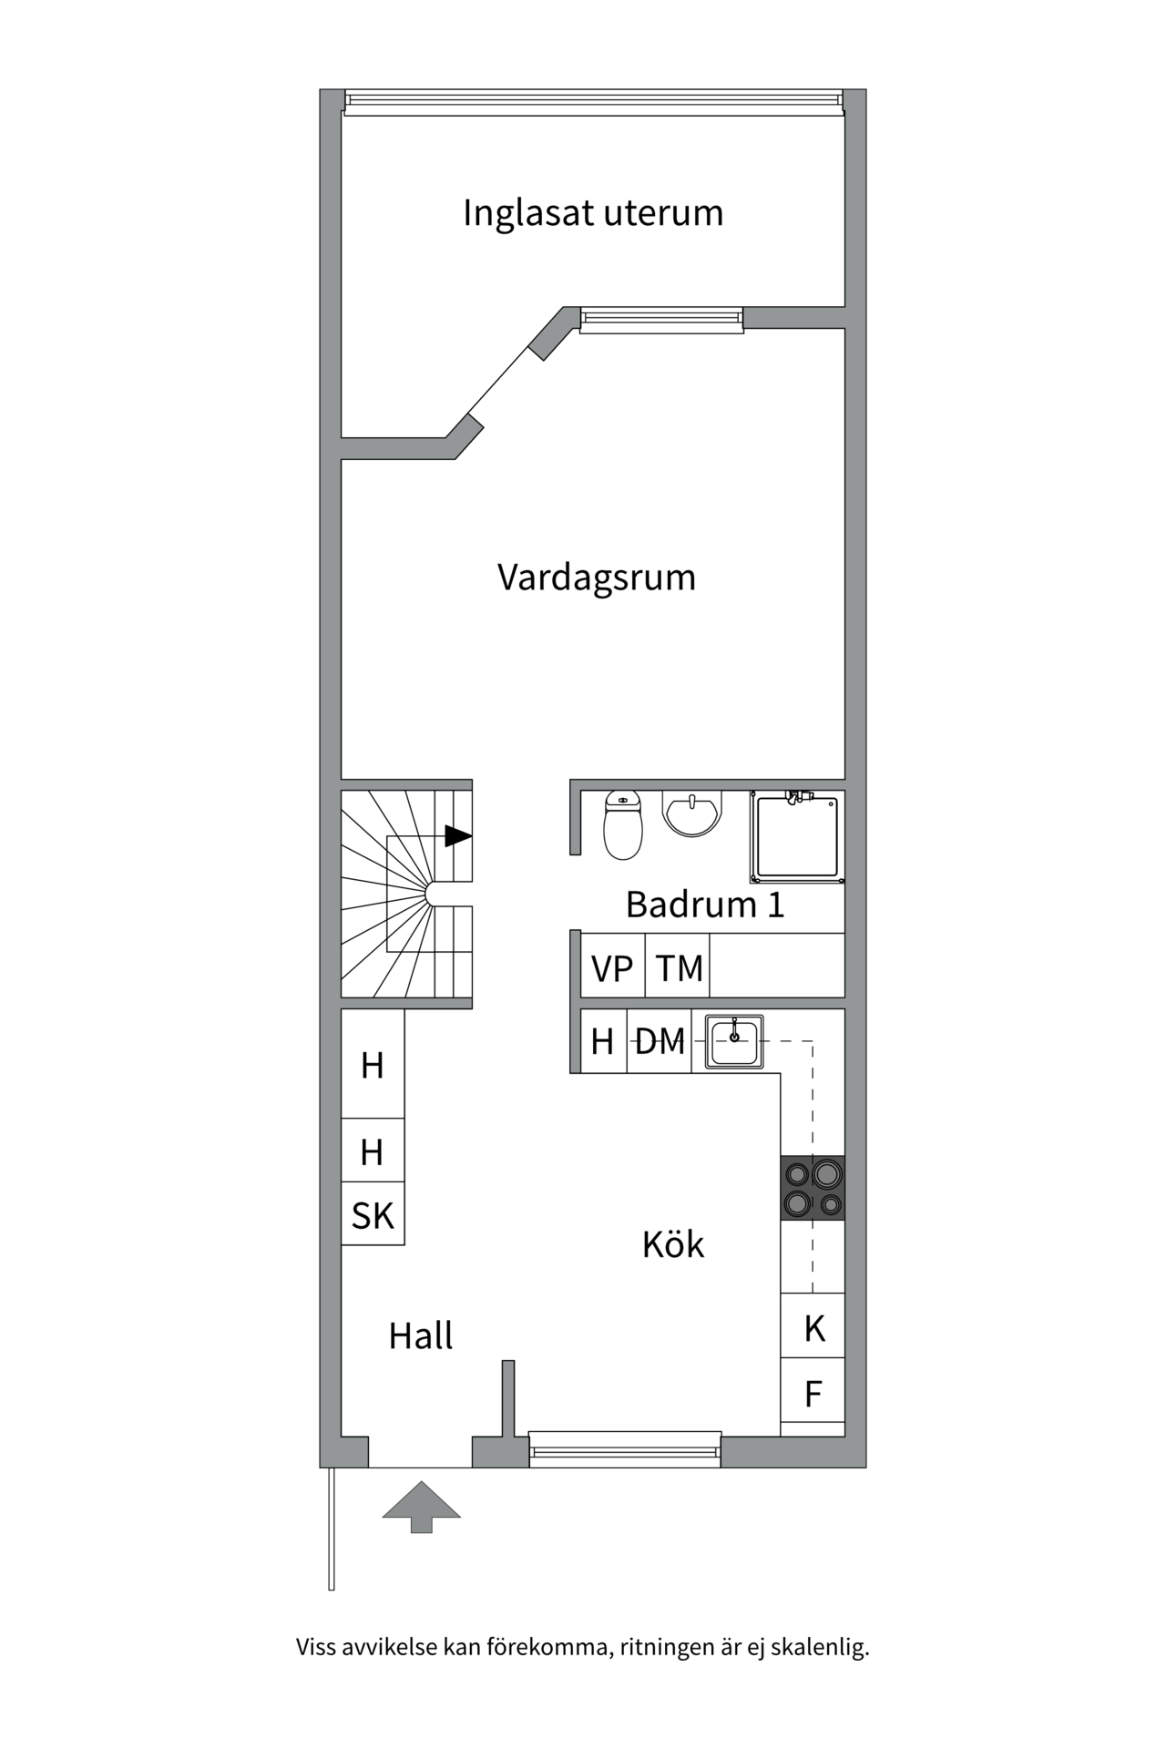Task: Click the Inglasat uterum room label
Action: click(x=593, y=213)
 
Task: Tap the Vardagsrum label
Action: click(x=597, y=578)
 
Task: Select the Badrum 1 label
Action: click(x=704, y=905)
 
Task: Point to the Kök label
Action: click(x=673, y=1244)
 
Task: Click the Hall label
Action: click(x=420, y=1335)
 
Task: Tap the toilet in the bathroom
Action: click(x=623, y=825)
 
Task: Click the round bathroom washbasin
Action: click(x=692, y=813)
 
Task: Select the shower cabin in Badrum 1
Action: click(x=797, y=836)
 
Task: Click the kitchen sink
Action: click(x=735, y=1040)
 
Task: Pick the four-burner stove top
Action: click(x=813, y=1188)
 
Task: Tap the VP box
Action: click(x=612, y=967)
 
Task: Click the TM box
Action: click(x=679, y=967)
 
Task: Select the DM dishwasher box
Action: click(x=660, y=1040)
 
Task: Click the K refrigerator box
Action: click(x=813, y=1329)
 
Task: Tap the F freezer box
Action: click(x=813, y=1394)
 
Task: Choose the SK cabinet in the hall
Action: click(x=373, y=1215)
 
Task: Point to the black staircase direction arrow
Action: click(x=458, y=835)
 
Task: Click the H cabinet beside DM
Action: click(x=603, y=1040)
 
